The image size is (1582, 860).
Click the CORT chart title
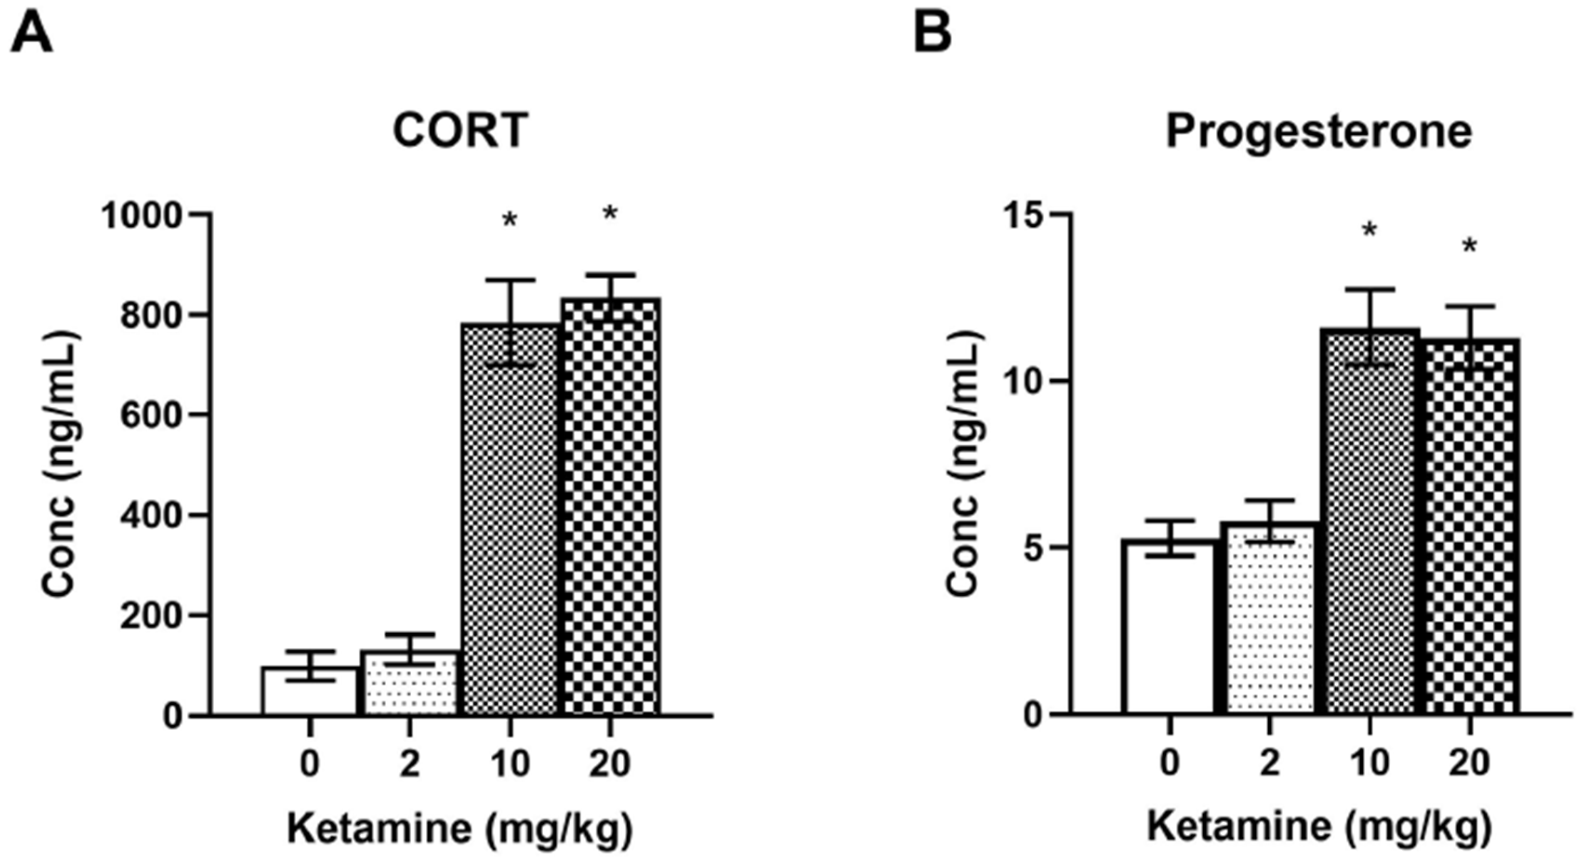pos(461,130)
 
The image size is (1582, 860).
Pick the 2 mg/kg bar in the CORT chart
pos(410,683)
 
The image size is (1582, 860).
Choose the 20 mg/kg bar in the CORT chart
pos(611,507)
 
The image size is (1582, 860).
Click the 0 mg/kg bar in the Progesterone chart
pos(1169,627)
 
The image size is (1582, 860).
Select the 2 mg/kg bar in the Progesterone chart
pos(1269,619)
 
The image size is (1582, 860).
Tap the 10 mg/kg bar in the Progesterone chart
pos(1370,522)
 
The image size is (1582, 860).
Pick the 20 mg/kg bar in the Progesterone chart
pos(1470,527)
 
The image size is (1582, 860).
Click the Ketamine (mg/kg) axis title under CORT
pos(460,829)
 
